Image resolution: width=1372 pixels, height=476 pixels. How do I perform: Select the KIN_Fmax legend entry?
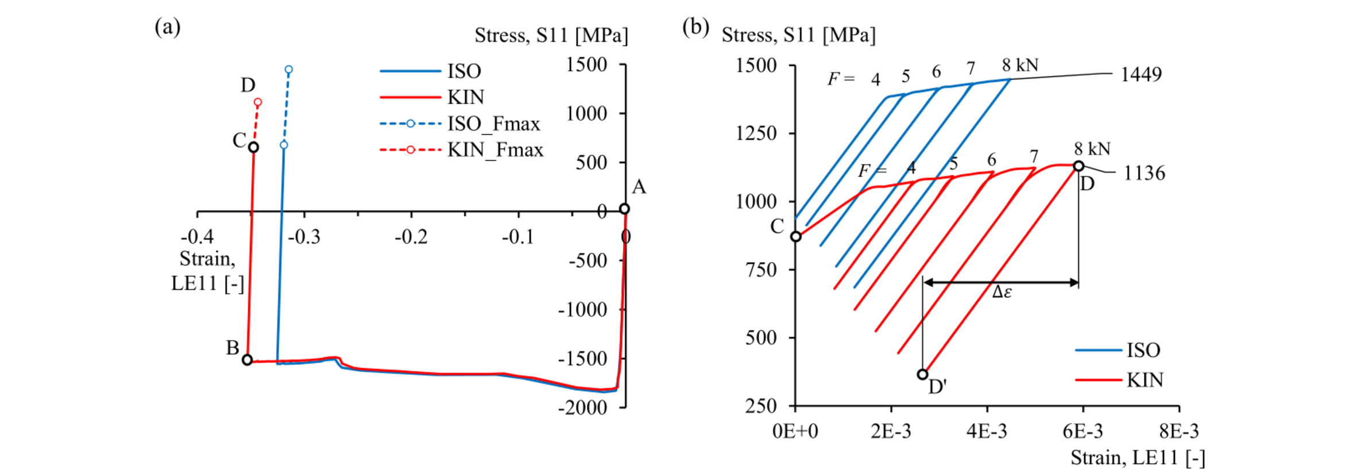click(x=461, y=150)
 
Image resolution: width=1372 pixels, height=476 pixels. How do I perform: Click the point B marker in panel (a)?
click(x=248, y=360)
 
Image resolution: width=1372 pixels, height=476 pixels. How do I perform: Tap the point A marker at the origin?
click(x=624, y=209)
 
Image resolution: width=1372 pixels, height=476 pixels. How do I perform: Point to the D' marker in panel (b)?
click(x=922, y=374)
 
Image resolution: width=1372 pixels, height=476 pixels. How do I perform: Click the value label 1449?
click(x=1141, y=75)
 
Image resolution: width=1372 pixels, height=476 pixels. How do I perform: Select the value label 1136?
click(x=1144, y=173)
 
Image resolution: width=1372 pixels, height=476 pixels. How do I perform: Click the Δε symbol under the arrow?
click(x=1002, y=292)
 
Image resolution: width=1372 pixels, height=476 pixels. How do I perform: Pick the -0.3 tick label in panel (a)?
click(x=304, y=237)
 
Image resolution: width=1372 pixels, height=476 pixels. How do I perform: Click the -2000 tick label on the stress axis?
click(x=582, y=408)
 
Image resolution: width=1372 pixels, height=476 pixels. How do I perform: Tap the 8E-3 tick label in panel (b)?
click(x=1178, y=431)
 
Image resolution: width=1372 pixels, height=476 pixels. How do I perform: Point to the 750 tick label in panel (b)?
click(x=762, y=270)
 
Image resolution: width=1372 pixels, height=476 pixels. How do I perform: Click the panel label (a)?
click(x=168, y=26)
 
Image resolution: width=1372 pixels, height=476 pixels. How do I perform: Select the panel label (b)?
click(x=695, y=26)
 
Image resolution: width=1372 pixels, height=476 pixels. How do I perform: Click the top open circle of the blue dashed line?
click(x=289, y=70)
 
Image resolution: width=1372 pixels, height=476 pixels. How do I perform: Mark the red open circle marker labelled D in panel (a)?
click(x=258, y=102)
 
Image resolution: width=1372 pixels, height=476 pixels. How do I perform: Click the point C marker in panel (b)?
click(x=796, y=236)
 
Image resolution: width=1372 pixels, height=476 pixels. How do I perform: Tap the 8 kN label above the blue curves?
click(x=1020, y=66)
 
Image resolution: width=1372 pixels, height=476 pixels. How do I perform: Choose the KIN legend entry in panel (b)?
click(x=1120, y=380)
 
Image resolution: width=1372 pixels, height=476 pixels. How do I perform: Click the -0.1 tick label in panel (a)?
click(x=518, y=237)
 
